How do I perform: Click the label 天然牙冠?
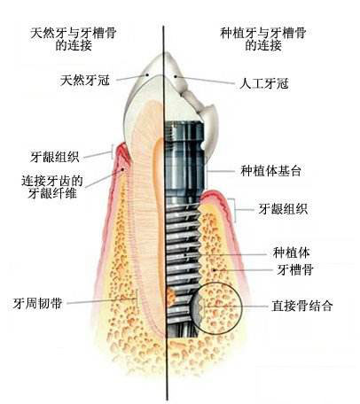pyautogui.click(x=85, y=81)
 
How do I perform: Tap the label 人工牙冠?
pyautogui.click(x=264, y=83)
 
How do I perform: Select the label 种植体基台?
pyautogui.click(x=270, y=171)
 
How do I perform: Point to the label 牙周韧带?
pyautogui.click(x=37, y=303)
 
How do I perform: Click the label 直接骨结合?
pyautogui.click(x=302, y=306)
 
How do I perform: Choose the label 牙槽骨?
pyautogui.click(x=295, y=269)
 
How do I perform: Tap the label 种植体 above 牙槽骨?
pyautogui.click(x=292, y=252)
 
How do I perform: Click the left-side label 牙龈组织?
pyautogui.click(x=55, y=157)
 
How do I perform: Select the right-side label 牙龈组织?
pyautogui.click(x=283, y=209)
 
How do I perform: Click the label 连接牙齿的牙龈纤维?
pyautogui.click(x=52, y=187)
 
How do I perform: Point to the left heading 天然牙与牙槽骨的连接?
pyautogui.click(x=74, y=38)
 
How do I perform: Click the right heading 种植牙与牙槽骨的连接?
pyautogui.click(x=262, y=38)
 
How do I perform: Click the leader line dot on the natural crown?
pyautogui.click(x=146, y=74)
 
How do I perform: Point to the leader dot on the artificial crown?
pyautogui.click(x=175, y=76)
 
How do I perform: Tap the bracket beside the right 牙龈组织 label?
pyautogui.click(x=236, y=210)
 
